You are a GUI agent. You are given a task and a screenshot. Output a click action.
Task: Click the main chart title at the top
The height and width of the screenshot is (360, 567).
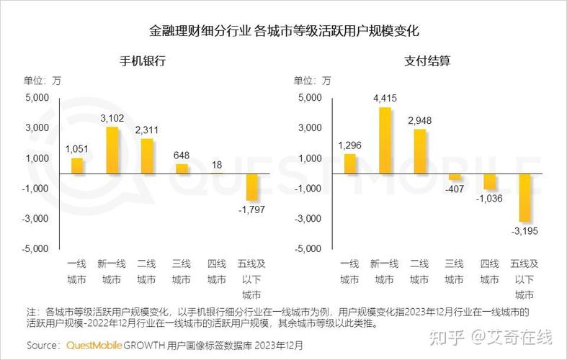[x=284, y=32]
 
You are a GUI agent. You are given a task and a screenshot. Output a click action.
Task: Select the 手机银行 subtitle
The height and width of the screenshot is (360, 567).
[x=143, y=61]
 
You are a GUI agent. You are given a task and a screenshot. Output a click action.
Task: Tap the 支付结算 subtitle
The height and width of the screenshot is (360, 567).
[x=427, y=61]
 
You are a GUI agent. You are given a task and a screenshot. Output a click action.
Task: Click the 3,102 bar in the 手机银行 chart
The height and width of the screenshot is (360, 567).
[x=112, y=150]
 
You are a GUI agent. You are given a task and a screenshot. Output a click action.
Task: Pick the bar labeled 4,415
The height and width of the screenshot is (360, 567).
[x=385, y=140]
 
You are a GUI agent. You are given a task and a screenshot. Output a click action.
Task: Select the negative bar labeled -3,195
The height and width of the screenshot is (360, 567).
[x=524, y=198]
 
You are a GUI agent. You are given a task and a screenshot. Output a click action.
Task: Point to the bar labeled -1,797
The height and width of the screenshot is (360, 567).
[x=251, y=187]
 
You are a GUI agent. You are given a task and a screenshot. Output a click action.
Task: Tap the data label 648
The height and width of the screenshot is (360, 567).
[x=182, y=155]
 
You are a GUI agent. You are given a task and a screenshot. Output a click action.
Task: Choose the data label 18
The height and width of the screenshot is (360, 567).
[x=216, y=165]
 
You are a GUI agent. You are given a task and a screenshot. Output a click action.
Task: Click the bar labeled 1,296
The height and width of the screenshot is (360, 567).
[x=350, y=164]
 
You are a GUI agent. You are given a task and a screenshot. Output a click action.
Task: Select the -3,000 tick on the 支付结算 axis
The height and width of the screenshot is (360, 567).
[x=310, y=218]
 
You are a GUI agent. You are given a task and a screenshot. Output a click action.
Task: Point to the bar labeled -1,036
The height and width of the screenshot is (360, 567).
[x=489, y=181]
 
